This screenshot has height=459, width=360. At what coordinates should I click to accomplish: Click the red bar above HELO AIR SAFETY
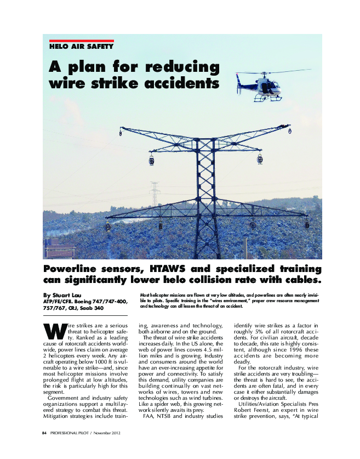click(x=81, y=41)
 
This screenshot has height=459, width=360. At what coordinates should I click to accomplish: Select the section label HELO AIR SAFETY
click(x=81, y=47)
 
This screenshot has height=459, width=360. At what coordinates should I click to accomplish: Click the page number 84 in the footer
click(x=44, y=433)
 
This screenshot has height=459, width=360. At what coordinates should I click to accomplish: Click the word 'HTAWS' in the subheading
click(x=173, y=269)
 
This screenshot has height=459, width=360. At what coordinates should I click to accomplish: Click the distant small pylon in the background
click(x=155, y=192)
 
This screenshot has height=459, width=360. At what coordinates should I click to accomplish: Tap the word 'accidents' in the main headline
click(x=175, y=84)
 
